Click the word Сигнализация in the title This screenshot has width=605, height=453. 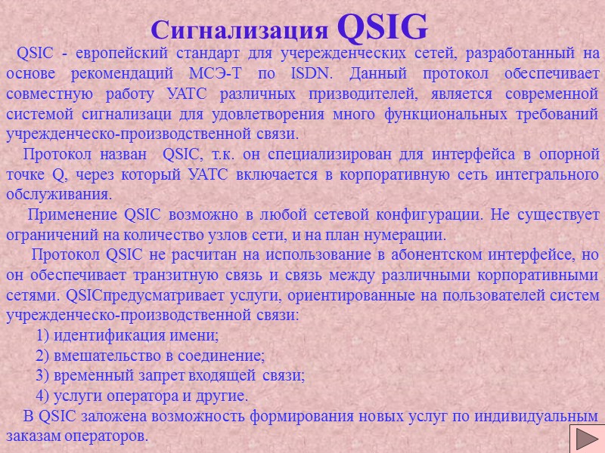[239, 30]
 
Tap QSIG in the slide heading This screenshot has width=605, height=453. [381, 27]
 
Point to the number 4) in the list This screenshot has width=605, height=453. [43, 396]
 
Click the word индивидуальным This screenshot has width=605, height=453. [538, 416]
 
